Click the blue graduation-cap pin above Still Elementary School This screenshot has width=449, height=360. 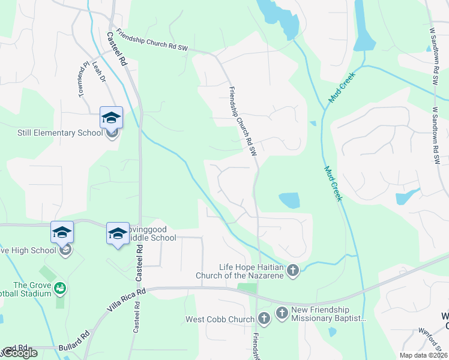[111, 118]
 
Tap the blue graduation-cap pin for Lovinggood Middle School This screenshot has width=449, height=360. [118, 233]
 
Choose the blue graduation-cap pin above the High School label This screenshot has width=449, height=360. [62, 232]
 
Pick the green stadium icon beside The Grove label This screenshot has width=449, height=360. [59, 289]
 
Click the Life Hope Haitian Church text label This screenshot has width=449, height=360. [241, 271]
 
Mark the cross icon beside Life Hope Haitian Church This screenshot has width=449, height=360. [293, 271]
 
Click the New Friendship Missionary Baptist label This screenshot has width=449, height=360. [328, 314]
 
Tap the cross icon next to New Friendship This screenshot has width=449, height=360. [282, 313]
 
